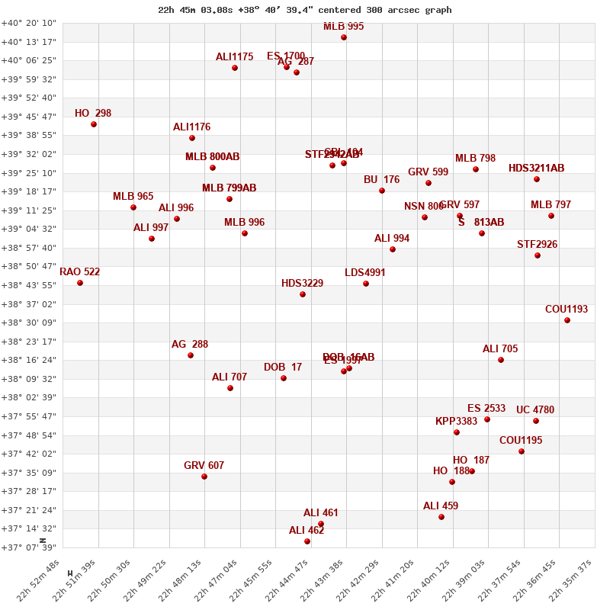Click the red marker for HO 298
coord(94,124)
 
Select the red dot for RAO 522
coord(80,283)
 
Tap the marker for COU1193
coord(567,320)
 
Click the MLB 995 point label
coord(344,26)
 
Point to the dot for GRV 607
coord(204,477)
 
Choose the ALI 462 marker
coord(307,541)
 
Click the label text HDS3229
coord(302,283)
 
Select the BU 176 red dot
coord(382,191)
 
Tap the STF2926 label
coord(538,244)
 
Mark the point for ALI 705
coord(501,360)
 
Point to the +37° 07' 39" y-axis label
coord(29,547)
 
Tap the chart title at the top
coord(305,10)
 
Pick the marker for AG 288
coord(191,355)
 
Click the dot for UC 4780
coord(536,421)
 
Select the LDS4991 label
coord(365,272)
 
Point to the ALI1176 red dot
coord(192,138)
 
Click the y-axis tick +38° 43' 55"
coord(29,285)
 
